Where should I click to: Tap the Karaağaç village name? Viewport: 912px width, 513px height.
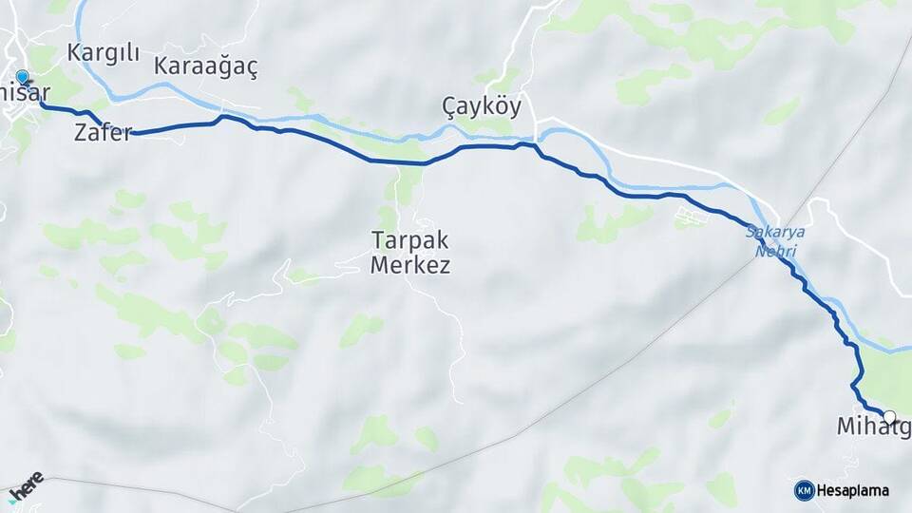[x=205, y=66]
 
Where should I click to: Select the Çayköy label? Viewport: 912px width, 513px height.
[x=482, y=105]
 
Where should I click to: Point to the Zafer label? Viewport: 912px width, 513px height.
[x=103, y=134]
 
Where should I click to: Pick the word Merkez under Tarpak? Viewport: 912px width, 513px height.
[x=409, y=265]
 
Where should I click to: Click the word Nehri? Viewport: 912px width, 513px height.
[x=775, y=251]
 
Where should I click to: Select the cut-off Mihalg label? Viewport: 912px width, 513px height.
[x=872, y=428]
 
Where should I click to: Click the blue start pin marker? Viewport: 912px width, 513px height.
[x=22, y=77]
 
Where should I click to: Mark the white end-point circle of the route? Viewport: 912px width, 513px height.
[x=889, y=416]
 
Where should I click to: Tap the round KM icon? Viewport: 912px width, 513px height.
[x=804, y=490]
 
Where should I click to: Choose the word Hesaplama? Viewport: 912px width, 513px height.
[x=853, y=490]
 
